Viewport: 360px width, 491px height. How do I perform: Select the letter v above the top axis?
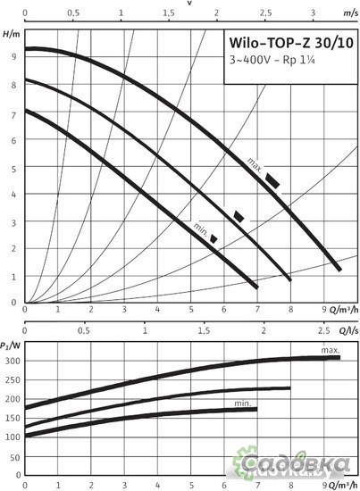click(190, 3)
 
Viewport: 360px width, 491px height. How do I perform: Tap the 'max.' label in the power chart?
click(331, 349)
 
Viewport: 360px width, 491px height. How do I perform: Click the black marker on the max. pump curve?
click(272, 181)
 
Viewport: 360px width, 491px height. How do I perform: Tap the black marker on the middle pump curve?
click(239, 216)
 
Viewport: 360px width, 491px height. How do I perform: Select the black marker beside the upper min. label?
click(213, 238)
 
